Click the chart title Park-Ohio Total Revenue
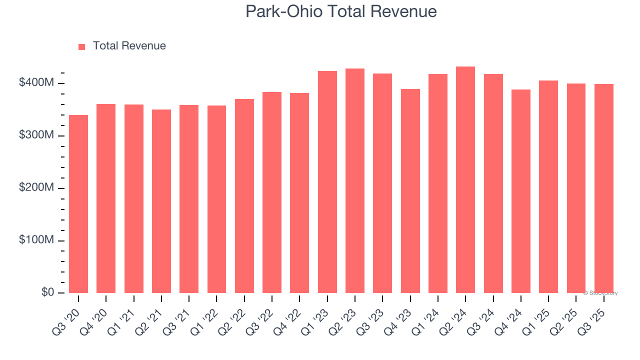(341, 11)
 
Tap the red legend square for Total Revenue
(82, 46)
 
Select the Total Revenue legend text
(129, 46)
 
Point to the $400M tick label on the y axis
(36, 83)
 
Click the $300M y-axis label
(36, 135)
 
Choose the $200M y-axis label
(36, 188)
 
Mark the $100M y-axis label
(36, 240)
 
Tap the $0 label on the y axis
(48, 292)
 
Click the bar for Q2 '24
(465, 180)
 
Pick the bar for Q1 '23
(327, 182)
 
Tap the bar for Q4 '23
(410, 191)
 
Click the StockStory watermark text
(600, 293)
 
